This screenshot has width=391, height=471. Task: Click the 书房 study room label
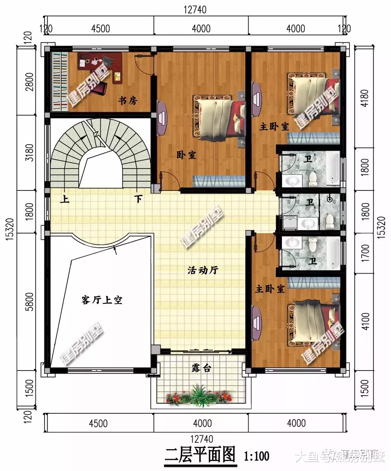[x=128, y=100]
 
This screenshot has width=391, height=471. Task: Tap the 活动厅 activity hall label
[x=203, y=270]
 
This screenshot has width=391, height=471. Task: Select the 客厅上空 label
[x=102, y=300]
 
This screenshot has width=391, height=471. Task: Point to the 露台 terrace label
[x=201, y=368]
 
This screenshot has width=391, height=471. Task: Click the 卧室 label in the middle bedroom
[x=186, y=155]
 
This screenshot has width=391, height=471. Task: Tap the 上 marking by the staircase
[x=65, y=199]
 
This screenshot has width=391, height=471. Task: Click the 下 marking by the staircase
[x=138, y=199]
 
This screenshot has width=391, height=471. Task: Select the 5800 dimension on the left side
[x=29, y=302]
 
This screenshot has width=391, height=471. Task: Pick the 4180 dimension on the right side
[x=365, y=98]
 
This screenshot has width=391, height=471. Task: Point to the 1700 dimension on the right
[x=365, y=253]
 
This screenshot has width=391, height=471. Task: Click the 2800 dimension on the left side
[x=29, y=82]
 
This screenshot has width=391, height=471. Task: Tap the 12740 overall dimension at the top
[x=195, y=9]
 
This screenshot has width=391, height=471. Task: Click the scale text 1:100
[x=256, y=457]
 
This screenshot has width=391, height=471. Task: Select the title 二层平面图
[x=200, y=455]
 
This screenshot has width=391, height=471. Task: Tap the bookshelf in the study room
[x=59, y=82]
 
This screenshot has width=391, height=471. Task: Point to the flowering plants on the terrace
[x=199, y=396]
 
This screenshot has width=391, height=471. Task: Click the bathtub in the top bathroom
[x=333, y=169]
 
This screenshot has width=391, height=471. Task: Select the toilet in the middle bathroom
[x=330, y=221]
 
